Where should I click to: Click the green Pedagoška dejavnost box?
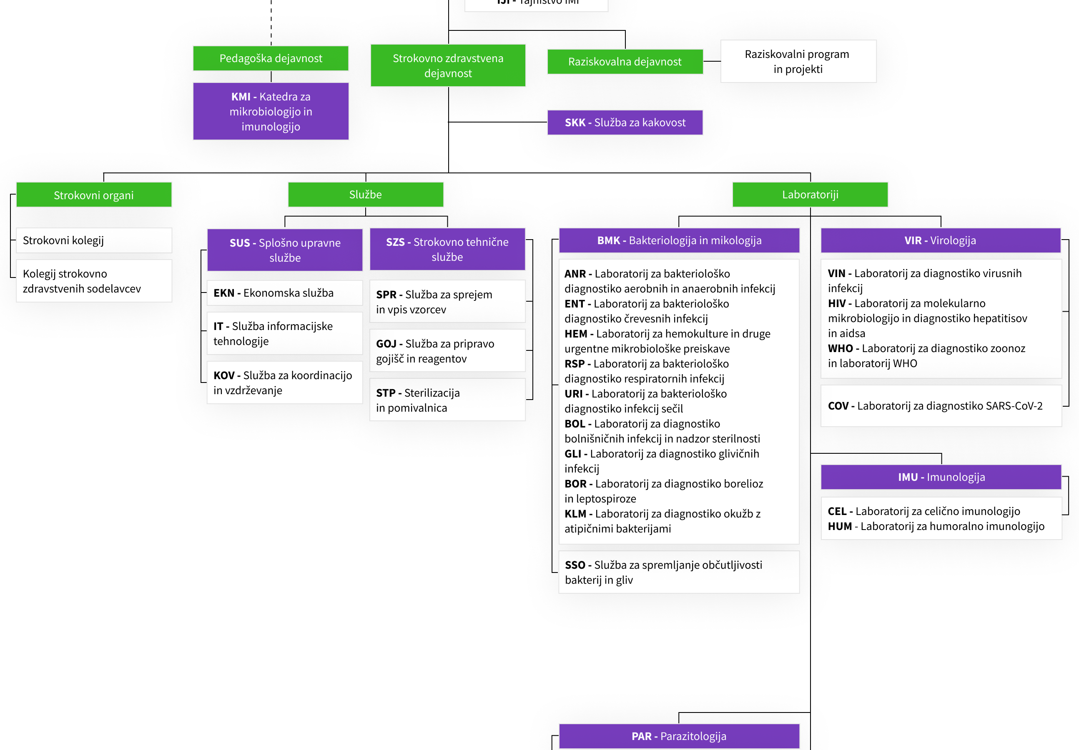pos(271,58)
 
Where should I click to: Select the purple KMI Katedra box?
pos(271,111)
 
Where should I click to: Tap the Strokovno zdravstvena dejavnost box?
pos(448,66)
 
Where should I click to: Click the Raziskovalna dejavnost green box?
pos(625,62)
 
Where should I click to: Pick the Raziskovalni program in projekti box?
pos(798,62)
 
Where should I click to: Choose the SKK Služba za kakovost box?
pos(625,122)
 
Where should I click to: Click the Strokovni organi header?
pos(94,195)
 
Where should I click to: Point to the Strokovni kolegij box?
pos(94,240)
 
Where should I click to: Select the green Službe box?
pos(366,195)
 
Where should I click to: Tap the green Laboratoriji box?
pos(810,195)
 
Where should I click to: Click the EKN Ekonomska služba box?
pos(285,293)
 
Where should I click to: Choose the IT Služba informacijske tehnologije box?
pos(285,333)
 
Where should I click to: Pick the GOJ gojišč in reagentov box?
pos(447,351)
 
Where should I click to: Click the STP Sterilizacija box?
pos(447,400)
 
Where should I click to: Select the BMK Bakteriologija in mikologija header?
pos(679,240)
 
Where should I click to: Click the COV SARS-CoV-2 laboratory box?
pos(941,406)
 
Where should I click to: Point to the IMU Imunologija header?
pos(941,477)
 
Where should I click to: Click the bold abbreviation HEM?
pos(576,334)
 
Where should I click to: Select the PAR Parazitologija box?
pos(679,736)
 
